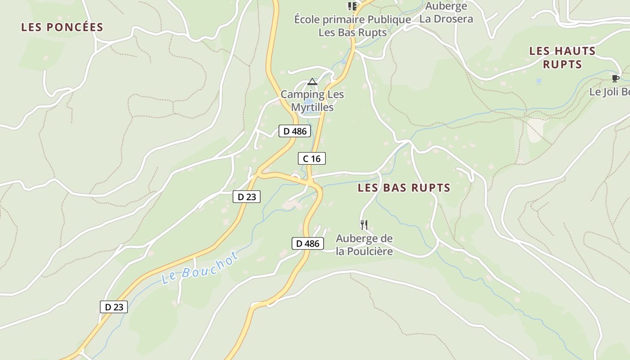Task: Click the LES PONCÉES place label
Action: pos(62,27)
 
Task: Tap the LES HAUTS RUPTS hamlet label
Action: pos(562,57)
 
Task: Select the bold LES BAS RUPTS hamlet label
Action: pos(404,188)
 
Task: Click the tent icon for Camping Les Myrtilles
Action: pos(312,82)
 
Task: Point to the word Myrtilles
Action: pos(312,108)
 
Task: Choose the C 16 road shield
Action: pos(311,158)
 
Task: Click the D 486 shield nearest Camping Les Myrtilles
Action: pos(295,131)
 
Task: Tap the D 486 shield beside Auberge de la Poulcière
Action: pos(308,243)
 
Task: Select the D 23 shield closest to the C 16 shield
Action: pos(247,197)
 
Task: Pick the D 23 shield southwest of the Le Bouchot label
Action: pos(114,307)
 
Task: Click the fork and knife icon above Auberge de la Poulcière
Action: pos(364,224)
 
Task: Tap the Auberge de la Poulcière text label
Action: pos(364,245)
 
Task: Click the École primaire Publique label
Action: pos(352,20)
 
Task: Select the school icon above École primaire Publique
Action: pos(352,6)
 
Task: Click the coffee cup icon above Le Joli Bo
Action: pos(616,79)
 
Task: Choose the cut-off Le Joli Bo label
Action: pos(609,92)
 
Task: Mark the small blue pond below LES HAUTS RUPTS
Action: pos(539,81)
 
